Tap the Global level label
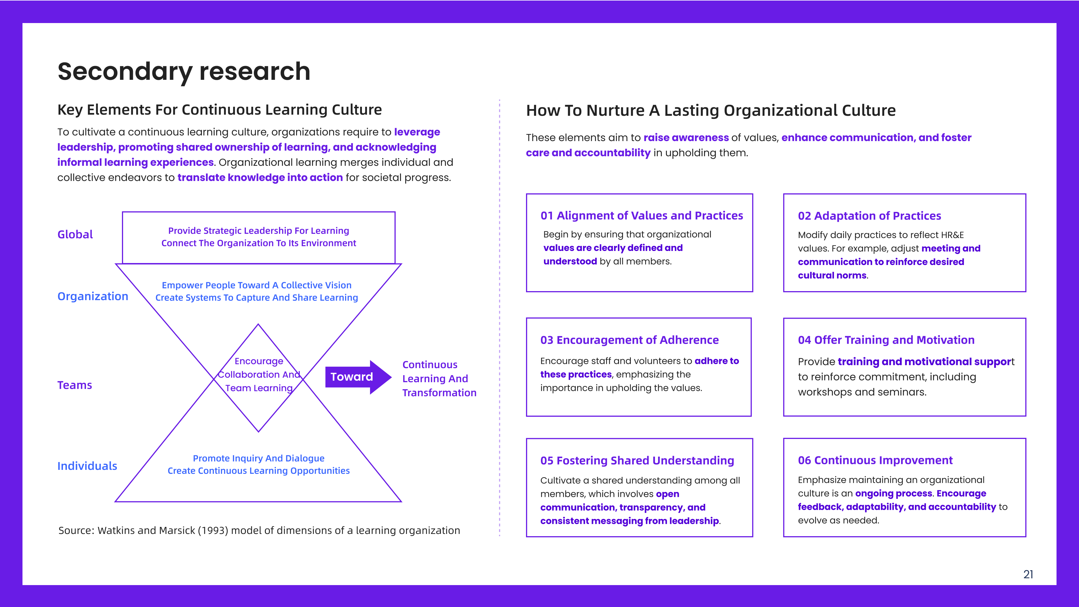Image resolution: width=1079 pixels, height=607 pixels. point(75,235)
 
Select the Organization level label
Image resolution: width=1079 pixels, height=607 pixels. point(92,296)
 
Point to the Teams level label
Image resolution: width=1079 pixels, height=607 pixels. point(74,385)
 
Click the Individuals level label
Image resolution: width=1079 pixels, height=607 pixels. point(87,466)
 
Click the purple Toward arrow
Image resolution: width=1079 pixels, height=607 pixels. point(358,377)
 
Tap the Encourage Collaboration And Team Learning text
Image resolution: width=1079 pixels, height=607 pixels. point(259,375)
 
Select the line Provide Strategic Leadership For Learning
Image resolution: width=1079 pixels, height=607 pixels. point(259,231)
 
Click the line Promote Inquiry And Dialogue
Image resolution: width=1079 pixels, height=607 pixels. point(259,458)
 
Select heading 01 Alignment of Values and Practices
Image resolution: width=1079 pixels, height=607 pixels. point(642,216)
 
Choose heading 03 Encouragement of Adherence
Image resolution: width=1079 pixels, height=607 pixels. point(629,340)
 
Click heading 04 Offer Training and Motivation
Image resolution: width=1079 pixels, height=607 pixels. point(886,340)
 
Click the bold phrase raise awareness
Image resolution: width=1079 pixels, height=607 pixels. point(686,138)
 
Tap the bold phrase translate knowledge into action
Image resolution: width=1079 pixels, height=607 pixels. point(260,178)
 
